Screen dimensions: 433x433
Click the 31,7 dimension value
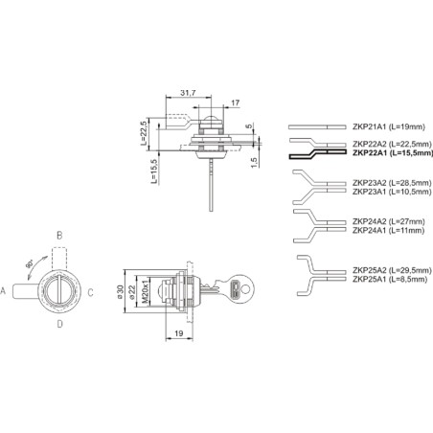(x=188, y=93)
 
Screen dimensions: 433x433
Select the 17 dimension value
(x=236, y=103)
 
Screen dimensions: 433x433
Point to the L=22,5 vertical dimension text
(x=144, y=133)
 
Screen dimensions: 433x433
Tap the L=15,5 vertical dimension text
(x=154, y=171)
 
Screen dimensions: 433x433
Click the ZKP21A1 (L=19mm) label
(x=389, y=126)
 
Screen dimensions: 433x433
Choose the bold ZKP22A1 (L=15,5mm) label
(x=393, y=153)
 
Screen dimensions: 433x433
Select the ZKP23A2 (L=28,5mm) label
(x=392, y=183)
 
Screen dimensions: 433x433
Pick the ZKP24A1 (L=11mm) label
(x=388, y=230)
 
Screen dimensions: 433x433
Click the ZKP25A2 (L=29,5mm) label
(x=392, y=270)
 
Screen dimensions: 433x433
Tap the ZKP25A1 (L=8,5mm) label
(x=390, y=279)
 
